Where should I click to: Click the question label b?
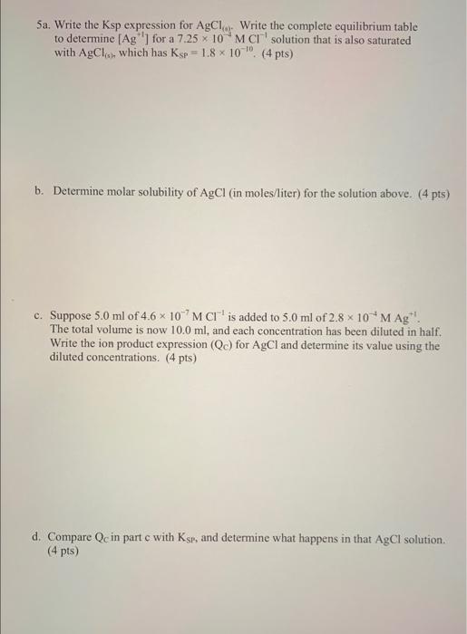38,193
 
